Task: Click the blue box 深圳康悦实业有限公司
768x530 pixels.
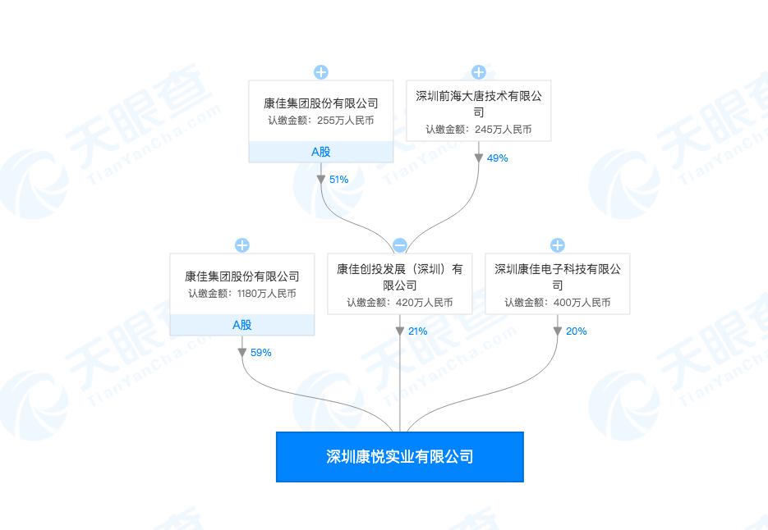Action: tap(400, 457)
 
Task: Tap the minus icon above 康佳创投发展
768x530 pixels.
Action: tap(400, 245)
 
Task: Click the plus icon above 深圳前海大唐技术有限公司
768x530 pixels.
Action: tap(479, 72)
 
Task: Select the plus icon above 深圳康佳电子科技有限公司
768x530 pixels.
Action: tap(558, 245)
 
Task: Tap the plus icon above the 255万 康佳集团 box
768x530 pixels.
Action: tap(321, 72)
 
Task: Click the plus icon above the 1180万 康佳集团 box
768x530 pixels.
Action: tap(242, 245)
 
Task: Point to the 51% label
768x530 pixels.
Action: tap(338, 180)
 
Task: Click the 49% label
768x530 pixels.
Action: tap(498, 158)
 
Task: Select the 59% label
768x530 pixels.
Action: tap(261, 353)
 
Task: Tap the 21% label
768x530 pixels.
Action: tap(417, 331)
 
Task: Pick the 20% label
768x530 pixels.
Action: tap(577, 331)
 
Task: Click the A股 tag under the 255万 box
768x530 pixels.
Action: tap(321, 152)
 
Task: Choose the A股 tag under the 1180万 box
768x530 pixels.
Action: tap(242, 325)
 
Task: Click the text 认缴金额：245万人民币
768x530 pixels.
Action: tap(479, 130)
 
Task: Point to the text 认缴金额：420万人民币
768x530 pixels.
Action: tap(400, 303)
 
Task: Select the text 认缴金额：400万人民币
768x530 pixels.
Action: tap(558, 303)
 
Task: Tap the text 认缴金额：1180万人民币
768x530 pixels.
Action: tap(242, 294)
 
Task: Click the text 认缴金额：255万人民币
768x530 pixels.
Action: tap(321, 121)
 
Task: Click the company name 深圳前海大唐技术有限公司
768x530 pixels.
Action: tap(479, 103)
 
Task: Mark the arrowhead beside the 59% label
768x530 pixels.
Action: tap(242, 352)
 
